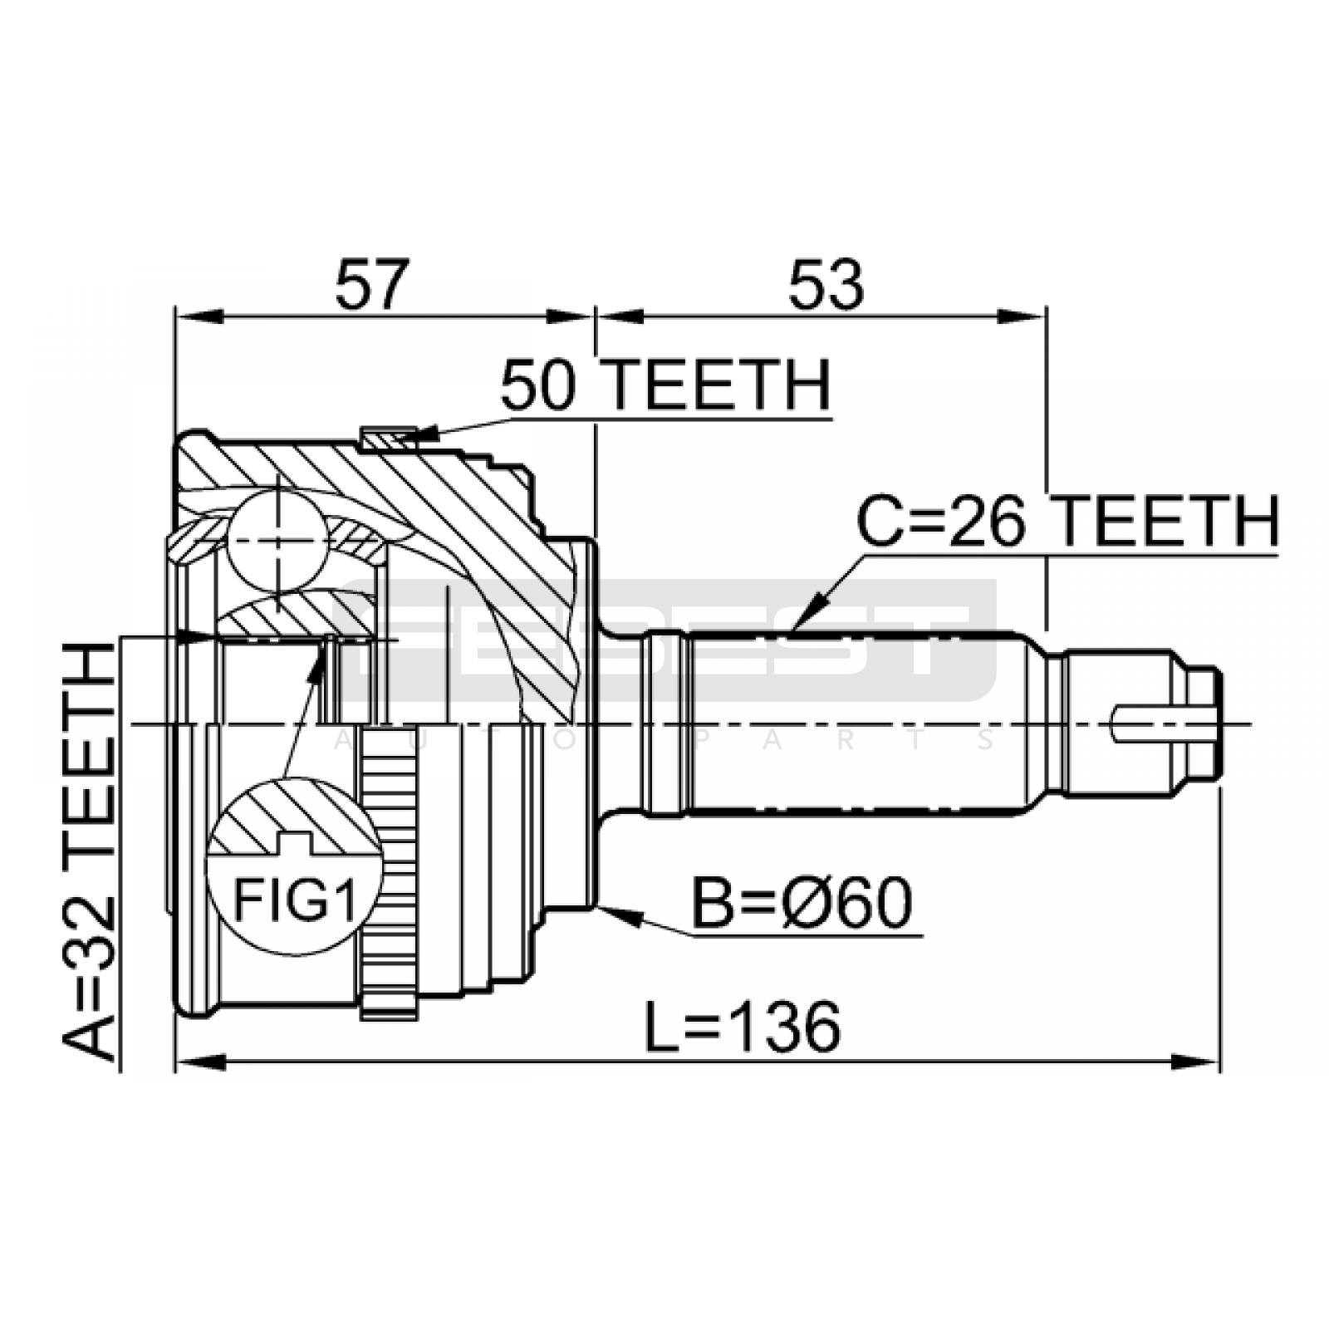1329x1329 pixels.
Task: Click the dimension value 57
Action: coord(373,284)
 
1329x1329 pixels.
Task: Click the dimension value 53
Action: coord(826,284)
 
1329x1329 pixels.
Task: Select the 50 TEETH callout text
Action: coord(665,385)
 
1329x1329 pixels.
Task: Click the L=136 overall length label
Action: coord(743,1026)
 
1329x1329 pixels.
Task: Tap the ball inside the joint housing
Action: coord(278,540)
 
